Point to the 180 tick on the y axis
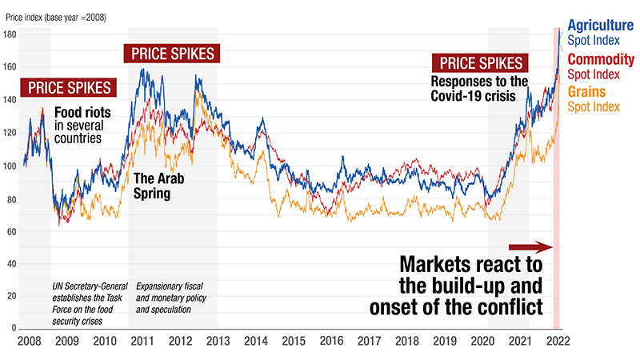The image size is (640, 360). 13,35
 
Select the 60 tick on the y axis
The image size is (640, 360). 13,232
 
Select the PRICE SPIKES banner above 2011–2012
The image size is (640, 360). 173,54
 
